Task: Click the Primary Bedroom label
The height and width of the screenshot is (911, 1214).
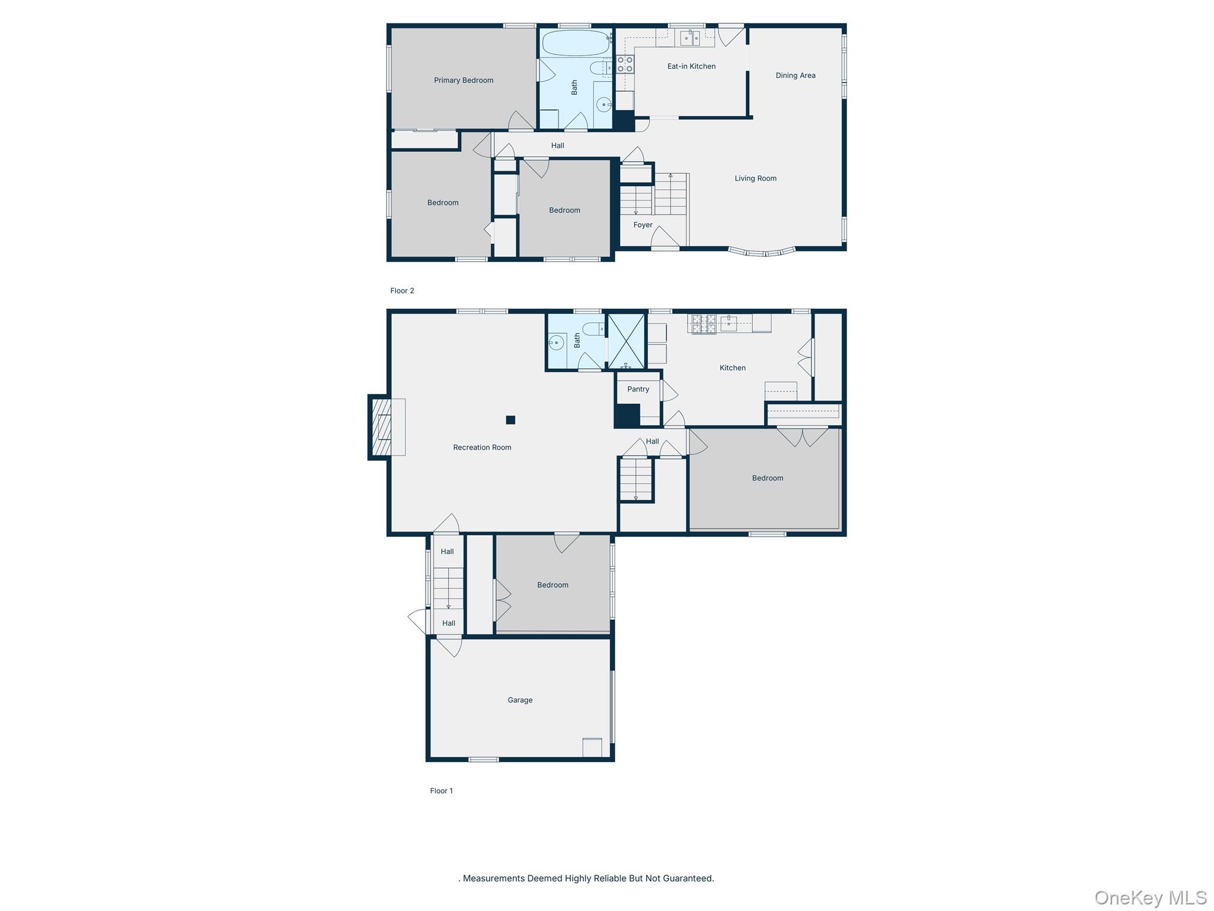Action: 464,80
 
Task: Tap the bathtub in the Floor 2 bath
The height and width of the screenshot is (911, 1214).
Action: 576,43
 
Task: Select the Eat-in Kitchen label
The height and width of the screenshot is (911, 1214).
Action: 691,66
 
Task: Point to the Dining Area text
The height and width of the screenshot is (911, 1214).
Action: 796,75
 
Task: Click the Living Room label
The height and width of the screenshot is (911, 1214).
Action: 755,178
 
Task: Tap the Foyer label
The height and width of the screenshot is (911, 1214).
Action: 643,225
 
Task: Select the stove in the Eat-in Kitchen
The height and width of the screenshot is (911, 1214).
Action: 625,64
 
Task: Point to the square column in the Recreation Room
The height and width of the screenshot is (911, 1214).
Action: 510,420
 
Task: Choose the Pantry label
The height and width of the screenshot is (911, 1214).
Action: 638,389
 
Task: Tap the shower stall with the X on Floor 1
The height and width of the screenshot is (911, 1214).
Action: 626,341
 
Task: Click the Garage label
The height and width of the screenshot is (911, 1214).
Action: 520,700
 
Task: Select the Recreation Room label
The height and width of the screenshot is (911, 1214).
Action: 482,447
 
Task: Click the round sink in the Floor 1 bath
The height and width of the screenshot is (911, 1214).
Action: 556,342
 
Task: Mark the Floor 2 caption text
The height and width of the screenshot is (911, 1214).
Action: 402,291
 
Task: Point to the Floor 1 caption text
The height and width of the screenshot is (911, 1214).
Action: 442,791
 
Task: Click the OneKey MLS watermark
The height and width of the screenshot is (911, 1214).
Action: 1151,898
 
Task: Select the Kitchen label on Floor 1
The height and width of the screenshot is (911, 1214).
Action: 733,368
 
